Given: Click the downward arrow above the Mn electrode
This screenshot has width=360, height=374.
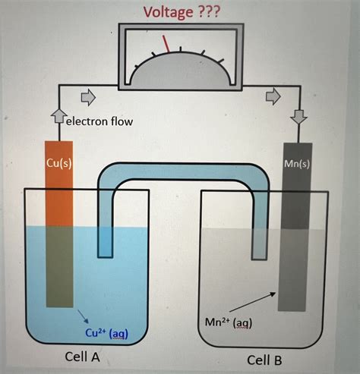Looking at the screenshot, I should [298, 117].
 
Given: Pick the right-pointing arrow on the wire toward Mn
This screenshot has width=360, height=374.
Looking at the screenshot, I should [272, 97].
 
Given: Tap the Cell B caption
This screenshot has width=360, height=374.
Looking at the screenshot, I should [267, 360].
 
